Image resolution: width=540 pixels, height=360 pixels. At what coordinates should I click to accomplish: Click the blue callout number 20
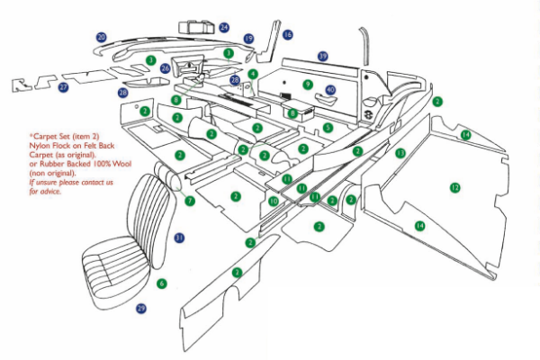[x=102, y=37]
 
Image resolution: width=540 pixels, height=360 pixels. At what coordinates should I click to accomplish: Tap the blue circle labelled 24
[x=224, y=28]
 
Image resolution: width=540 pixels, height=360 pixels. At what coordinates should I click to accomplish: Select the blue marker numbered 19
[x=248, y=39]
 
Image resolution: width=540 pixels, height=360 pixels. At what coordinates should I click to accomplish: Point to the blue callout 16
[x=287, y=35]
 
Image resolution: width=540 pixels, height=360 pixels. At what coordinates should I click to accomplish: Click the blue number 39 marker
[x=322, y=56]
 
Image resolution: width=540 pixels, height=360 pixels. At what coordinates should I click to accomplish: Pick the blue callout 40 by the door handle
[x=330, y=90]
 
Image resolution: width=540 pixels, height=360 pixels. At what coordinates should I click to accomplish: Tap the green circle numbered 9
[x=307, y=85]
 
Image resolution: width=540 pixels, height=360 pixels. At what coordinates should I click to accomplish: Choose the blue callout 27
[x=63, y=87]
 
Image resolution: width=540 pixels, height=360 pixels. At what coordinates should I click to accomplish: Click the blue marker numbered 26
[x=165, y=68]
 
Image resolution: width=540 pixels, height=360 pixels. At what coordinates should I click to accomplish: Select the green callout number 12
[x=454, y=186]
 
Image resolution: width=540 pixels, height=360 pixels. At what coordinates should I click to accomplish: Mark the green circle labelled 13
[x=400, y=153]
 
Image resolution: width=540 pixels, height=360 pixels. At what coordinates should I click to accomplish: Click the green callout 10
[x=274, y=202]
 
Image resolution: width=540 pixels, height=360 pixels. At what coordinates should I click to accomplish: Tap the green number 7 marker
[x=189, y=201]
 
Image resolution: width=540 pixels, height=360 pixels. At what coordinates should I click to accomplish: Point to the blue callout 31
[x=179, y=238]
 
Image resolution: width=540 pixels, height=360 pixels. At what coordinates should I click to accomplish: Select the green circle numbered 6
[x=162, y=283]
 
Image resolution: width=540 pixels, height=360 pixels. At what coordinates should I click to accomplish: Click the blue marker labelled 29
[x=140, y=309]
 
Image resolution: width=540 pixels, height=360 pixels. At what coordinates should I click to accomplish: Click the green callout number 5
[x=328, y=129]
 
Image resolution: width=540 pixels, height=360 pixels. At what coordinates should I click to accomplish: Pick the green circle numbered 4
[x=254, y=73]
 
